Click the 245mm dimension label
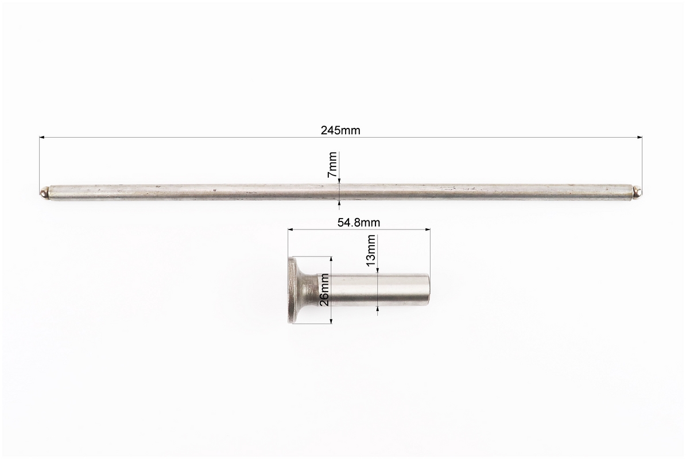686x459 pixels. coord(340,130)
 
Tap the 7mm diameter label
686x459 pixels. coord(332,164)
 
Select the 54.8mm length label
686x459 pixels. coord(359,223)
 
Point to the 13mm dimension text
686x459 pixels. coord(371,251)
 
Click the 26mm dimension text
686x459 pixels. coord(324,290)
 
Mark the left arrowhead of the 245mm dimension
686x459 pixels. coord(42,138)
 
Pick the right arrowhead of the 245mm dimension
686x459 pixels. coord(639,138)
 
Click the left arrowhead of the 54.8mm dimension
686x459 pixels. coord(290,228)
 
